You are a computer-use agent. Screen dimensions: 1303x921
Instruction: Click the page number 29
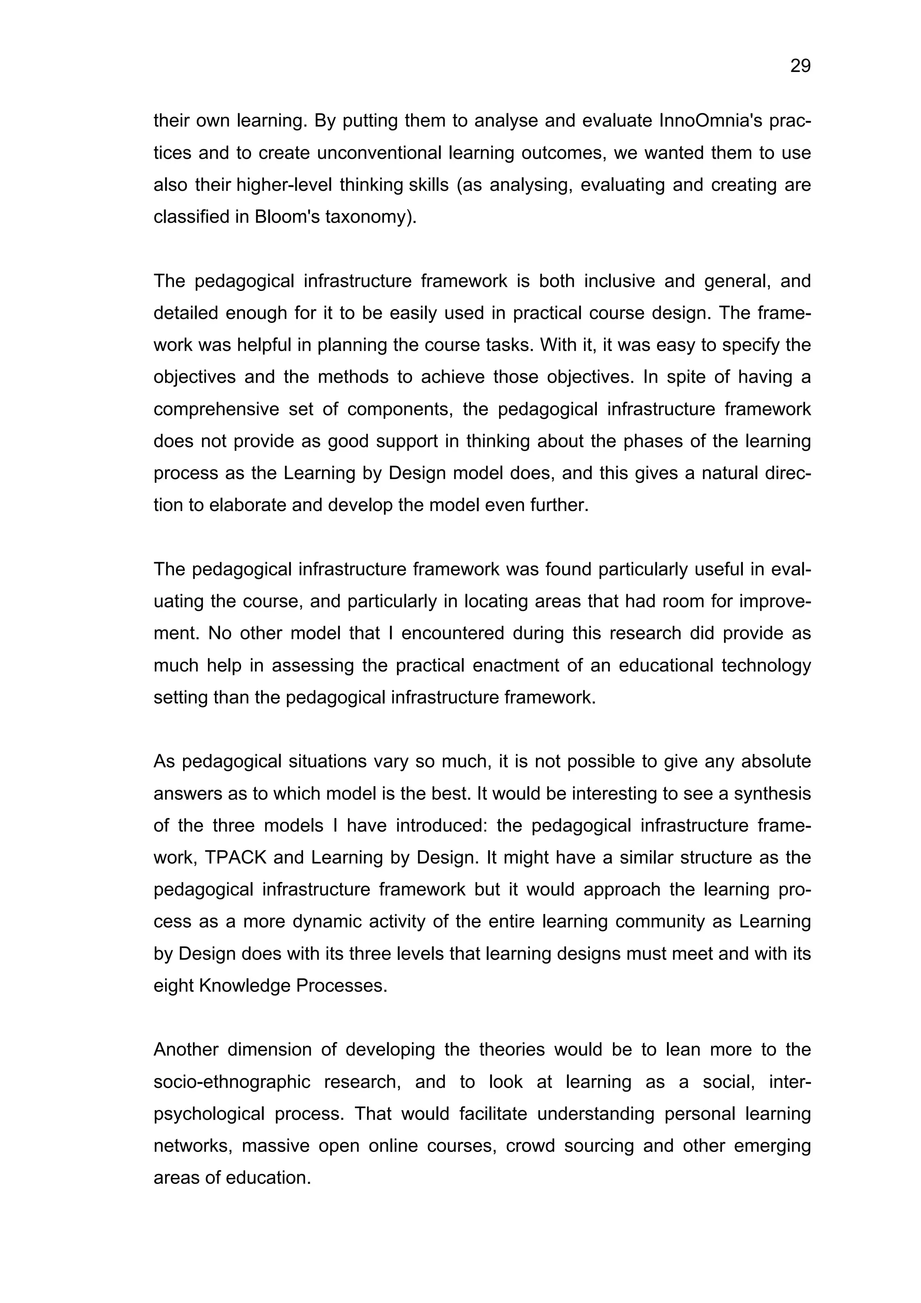(x=800, y=67)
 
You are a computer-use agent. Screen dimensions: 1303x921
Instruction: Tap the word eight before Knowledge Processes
(x=173, y=986)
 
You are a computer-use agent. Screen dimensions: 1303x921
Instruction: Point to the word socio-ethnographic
(x=232, y=1082)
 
